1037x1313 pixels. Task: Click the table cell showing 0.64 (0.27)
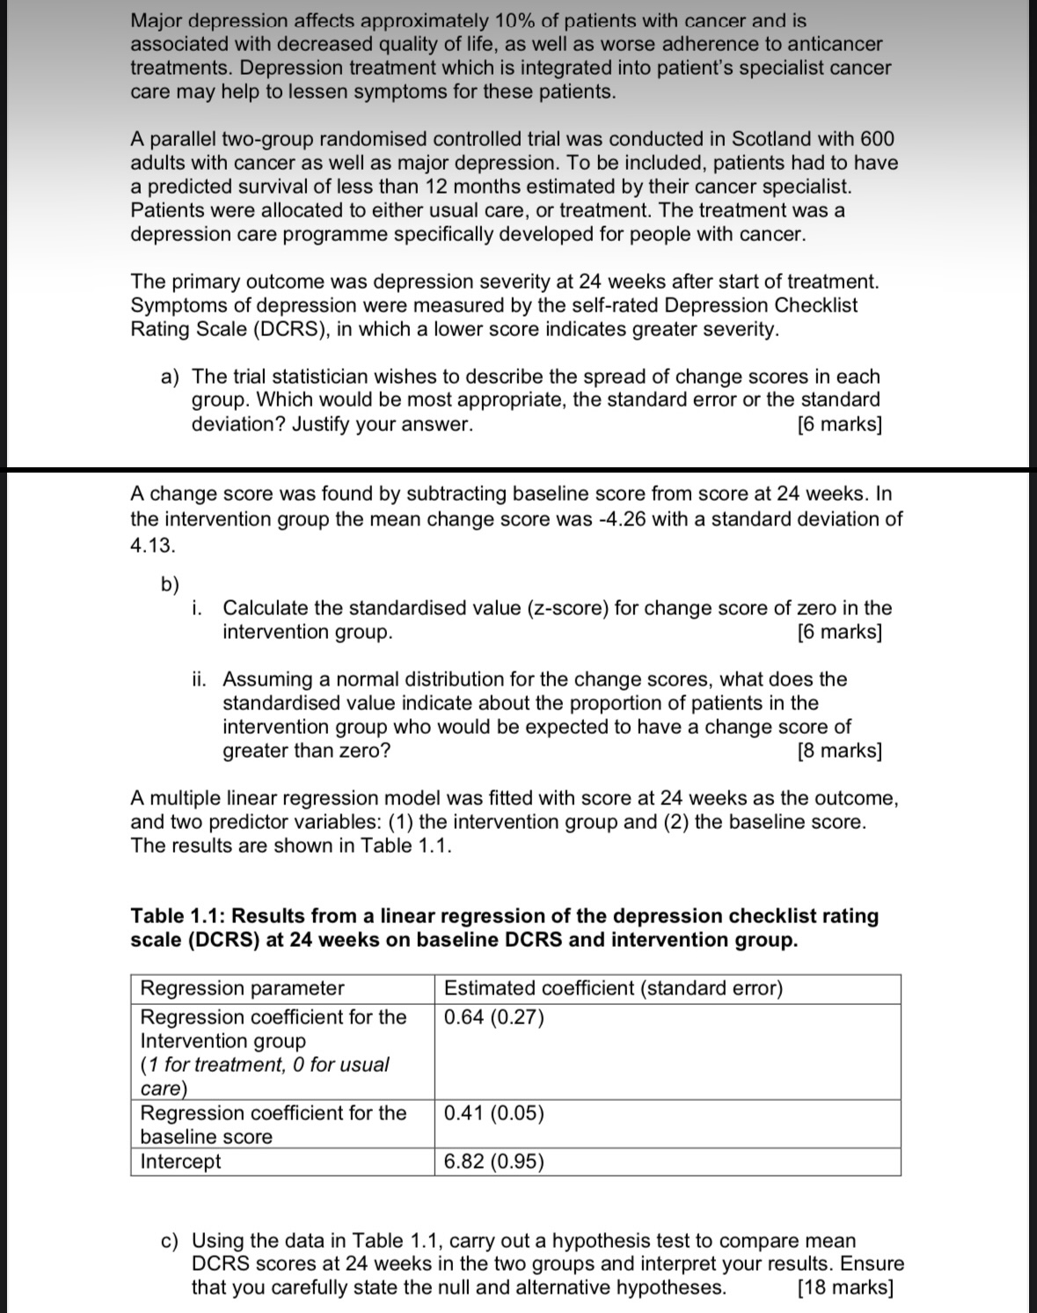[494, 1018]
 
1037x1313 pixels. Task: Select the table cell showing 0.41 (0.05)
[494, 1113]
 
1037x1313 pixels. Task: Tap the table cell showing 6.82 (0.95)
[494, 1162]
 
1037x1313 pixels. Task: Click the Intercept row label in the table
[181, 1162]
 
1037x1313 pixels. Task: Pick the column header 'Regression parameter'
[243, 988]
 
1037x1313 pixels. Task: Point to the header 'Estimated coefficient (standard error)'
[613, 988]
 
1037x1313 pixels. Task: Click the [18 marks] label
[844, 1288]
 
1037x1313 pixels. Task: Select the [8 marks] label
[839, 751]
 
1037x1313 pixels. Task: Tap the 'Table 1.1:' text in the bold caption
[179, 916]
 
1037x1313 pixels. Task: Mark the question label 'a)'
[171, 377]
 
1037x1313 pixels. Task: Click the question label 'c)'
[171, 1241]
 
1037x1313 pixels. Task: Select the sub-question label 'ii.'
[201, 679]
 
